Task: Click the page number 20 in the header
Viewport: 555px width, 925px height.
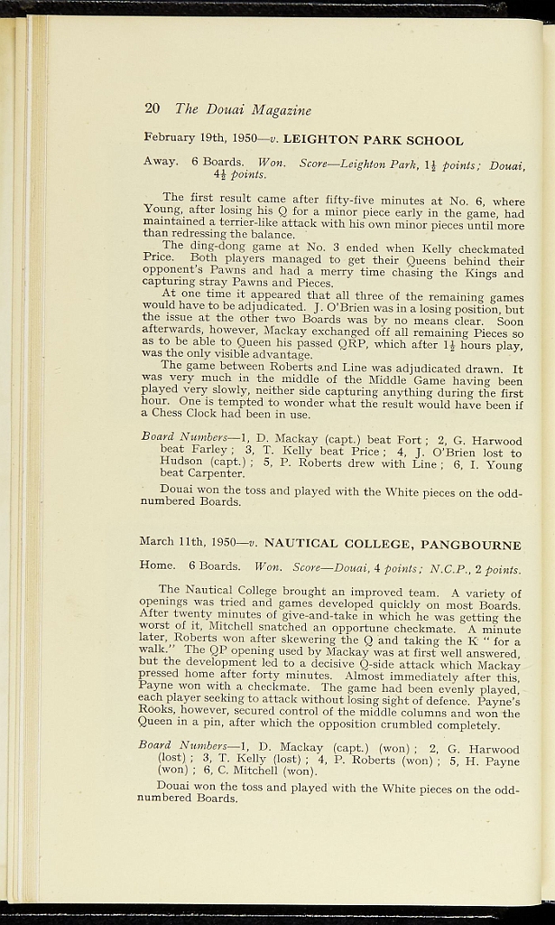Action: click(x=152, y=109)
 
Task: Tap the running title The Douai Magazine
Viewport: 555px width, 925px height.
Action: click(x=243, y=109)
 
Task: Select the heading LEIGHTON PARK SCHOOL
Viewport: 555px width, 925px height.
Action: click(x=373, y=140)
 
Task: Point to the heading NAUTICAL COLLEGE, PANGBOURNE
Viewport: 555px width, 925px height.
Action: click(x=392, y=545)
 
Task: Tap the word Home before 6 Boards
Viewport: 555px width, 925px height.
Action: click(x=158, y=566)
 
